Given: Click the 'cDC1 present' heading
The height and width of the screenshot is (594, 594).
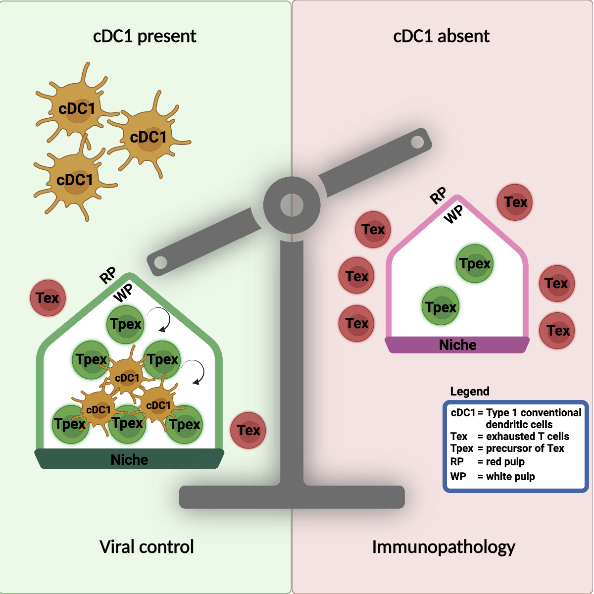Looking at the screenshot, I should [145, 36].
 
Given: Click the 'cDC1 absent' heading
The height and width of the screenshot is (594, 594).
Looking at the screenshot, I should [441, 36].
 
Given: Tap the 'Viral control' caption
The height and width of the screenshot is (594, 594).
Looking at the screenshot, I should [147, 547].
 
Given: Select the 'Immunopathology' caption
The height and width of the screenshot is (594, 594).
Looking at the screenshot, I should [444, 547].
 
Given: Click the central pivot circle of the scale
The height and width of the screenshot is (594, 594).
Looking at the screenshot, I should [292, 205].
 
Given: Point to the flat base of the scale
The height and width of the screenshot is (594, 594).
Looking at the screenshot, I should [292, 497].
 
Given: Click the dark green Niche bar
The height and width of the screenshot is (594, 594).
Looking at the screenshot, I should [129, 459].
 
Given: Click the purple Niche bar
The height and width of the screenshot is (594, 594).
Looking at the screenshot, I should [457, 345].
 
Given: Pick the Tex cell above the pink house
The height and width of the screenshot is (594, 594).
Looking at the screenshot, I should [515, 202].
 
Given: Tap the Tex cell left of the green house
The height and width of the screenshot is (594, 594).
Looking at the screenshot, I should [48, 298].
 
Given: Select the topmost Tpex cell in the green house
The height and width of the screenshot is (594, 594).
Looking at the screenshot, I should [126, 324].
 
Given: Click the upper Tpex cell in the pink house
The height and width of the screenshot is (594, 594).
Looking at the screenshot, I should [474, 263].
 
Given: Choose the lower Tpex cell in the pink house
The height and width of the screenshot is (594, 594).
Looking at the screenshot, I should [441, 307].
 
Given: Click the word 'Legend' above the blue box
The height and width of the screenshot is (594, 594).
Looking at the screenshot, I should [470, 392].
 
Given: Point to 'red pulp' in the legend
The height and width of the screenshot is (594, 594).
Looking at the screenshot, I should [505, 462].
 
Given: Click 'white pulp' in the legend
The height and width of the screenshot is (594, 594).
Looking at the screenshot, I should [510, 477].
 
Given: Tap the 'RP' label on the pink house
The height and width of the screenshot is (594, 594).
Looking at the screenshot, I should [438, 196].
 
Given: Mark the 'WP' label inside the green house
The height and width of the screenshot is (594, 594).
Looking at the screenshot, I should [123, 293].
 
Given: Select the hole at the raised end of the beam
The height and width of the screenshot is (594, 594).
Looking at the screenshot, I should [417, 143].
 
